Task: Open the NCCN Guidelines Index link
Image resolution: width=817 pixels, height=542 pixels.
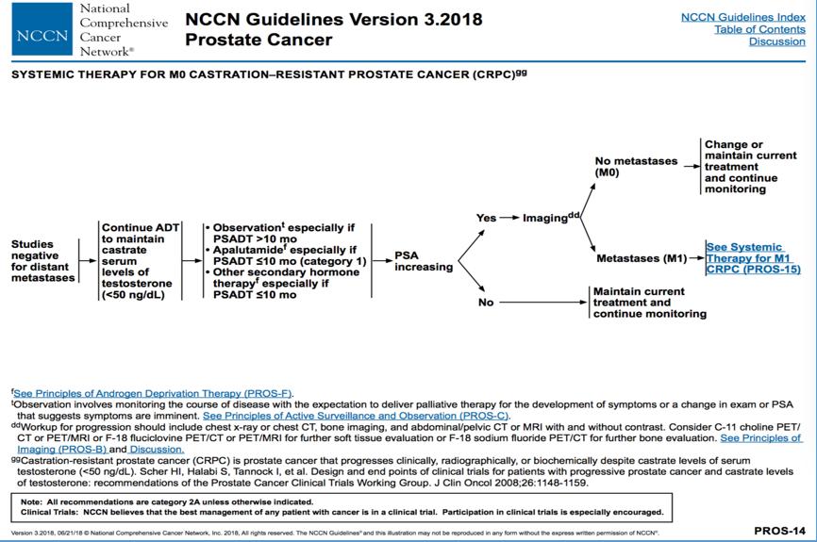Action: click(x=743, y=17)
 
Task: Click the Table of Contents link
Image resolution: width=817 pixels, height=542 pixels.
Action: click(x=759, y=29)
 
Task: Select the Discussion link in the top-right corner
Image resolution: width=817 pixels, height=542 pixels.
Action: click(x=776, y=41)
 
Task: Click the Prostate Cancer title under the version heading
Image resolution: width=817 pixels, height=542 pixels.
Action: click(x=258, y=40)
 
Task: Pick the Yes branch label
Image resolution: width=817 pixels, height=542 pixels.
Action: click(x=486, y=218)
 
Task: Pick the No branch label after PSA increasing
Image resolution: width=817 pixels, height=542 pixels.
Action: click(x=486, y=303)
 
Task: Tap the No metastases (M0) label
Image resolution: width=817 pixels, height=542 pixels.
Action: click(x=634, y=167)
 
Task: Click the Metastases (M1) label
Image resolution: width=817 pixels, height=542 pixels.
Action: click(x=642, y=258)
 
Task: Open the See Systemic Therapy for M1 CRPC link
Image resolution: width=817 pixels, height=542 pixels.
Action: click(x=753, y=258)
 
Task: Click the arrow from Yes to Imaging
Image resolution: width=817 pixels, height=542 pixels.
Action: click(x=510, y=218)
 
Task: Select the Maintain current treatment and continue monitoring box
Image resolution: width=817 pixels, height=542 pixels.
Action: click(x=649, y=303)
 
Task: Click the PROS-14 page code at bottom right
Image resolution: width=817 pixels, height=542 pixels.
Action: click(x=779, y=531)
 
